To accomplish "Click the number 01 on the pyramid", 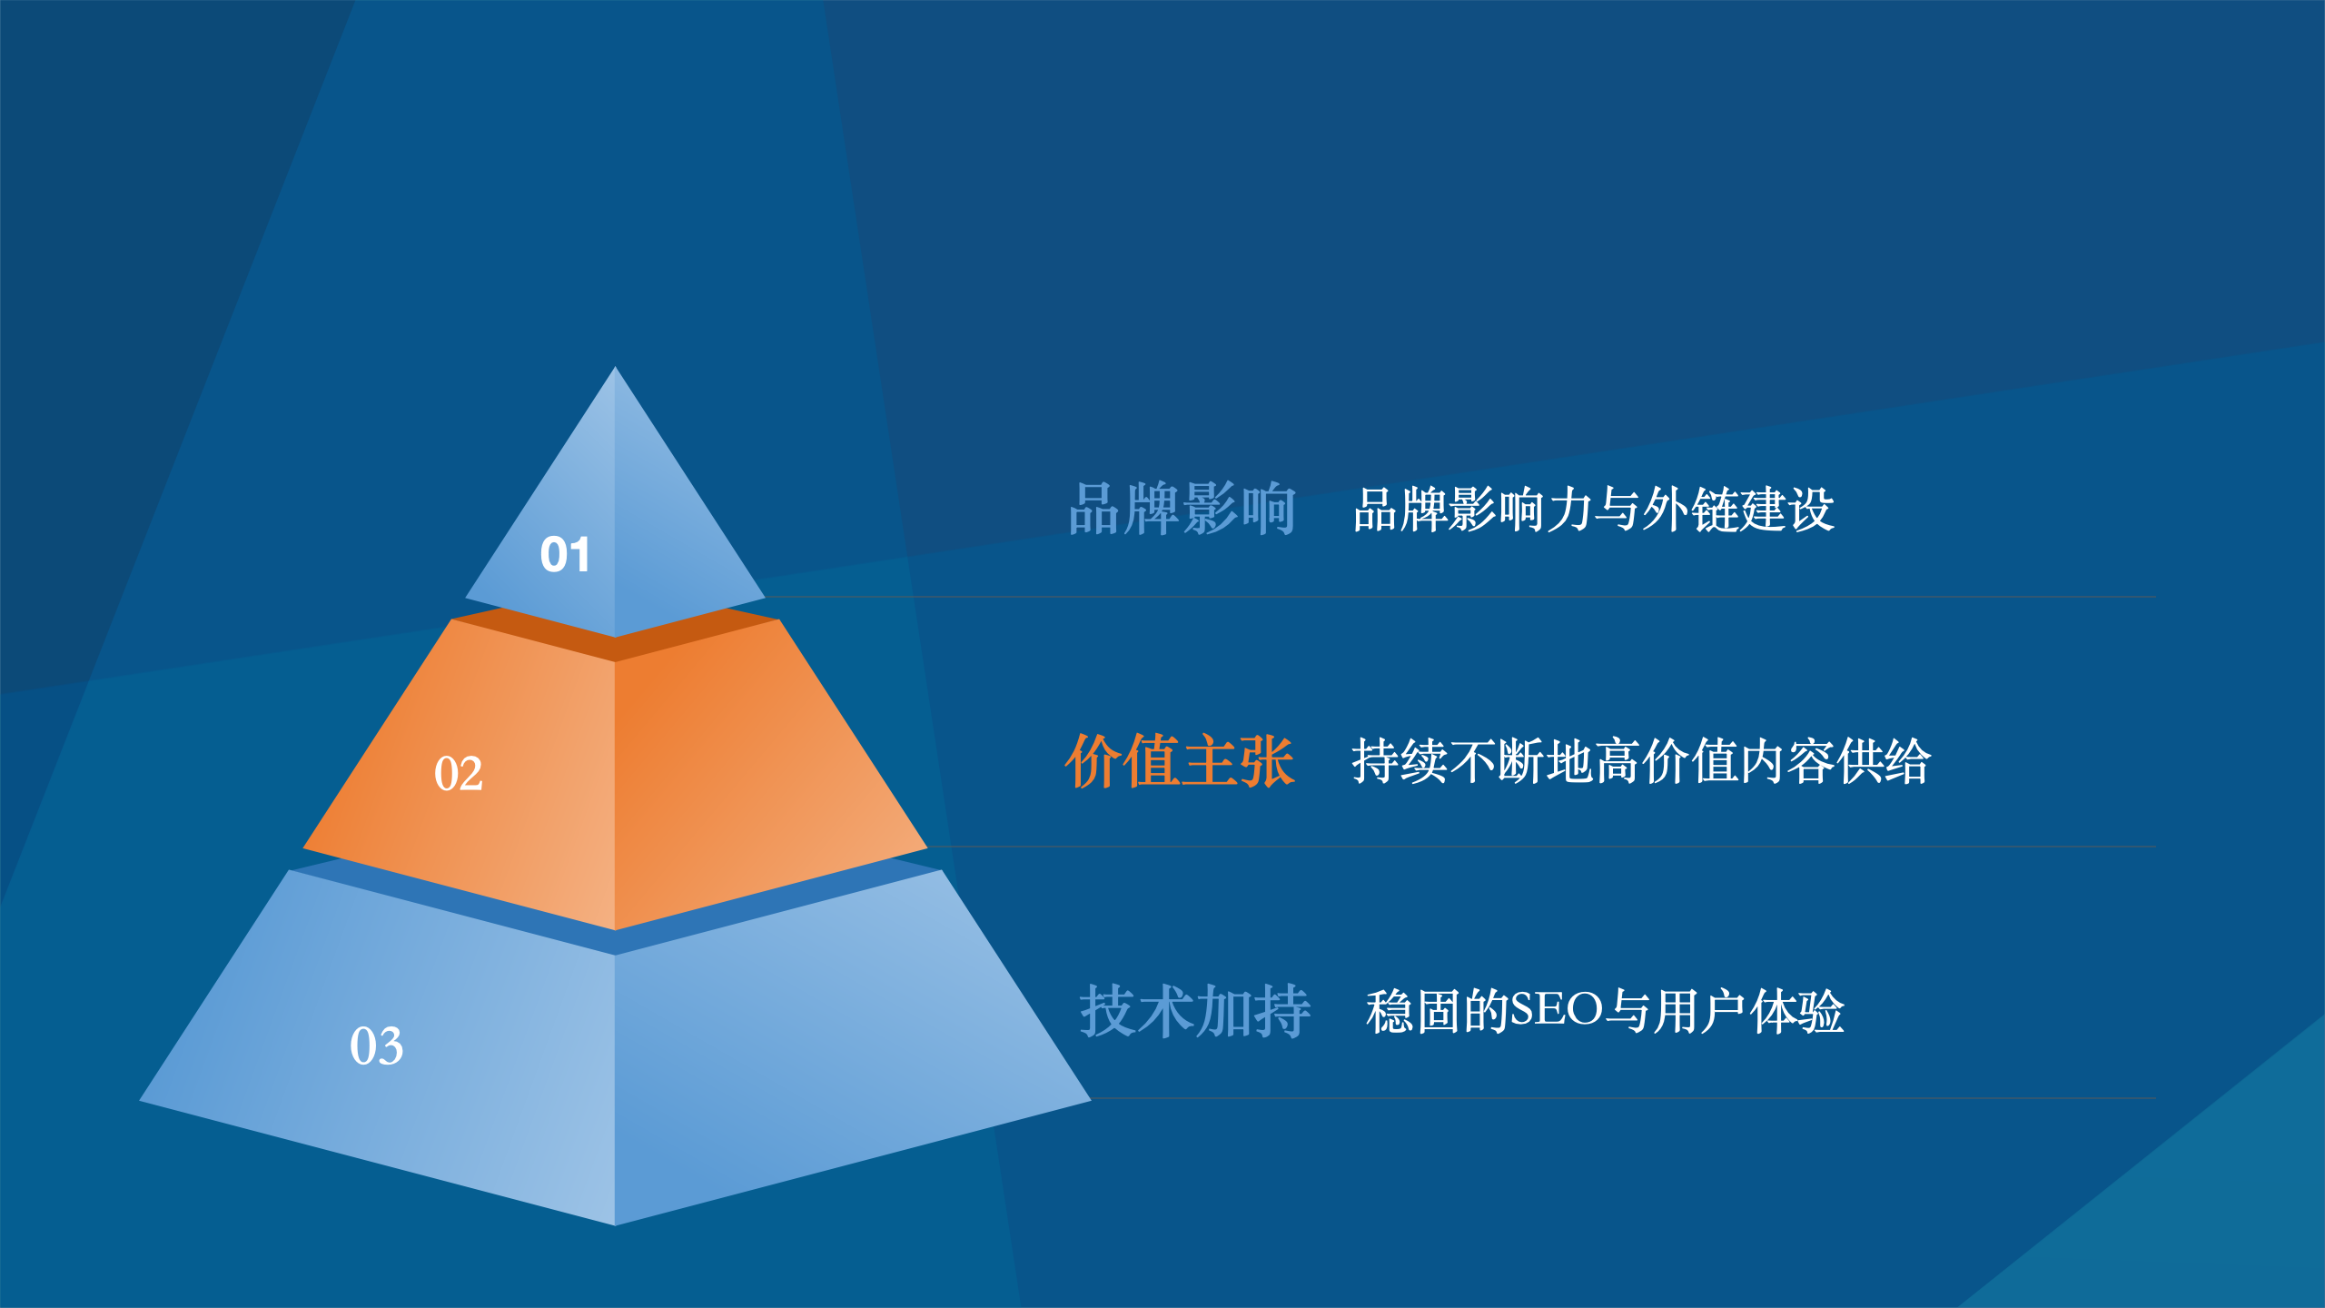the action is coord(565,554).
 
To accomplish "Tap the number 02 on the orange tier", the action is coord(459,774).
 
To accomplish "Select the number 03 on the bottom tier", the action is coord(377,1045).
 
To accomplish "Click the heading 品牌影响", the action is coord(1182,509).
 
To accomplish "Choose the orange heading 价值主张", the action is coord(1180,760).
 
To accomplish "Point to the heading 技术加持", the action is coord(1195,1011).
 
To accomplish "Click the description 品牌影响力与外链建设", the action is coord(1594,509).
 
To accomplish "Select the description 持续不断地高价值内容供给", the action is coord(1641,760).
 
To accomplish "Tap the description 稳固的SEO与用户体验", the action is coord(1605,1011).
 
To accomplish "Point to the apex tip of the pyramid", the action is coord(615,367).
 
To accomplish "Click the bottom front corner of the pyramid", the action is coord(615,1224).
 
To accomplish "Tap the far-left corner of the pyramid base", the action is coord(140,1101).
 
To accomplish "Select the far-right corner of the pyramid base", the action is coord(1090,1101).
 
